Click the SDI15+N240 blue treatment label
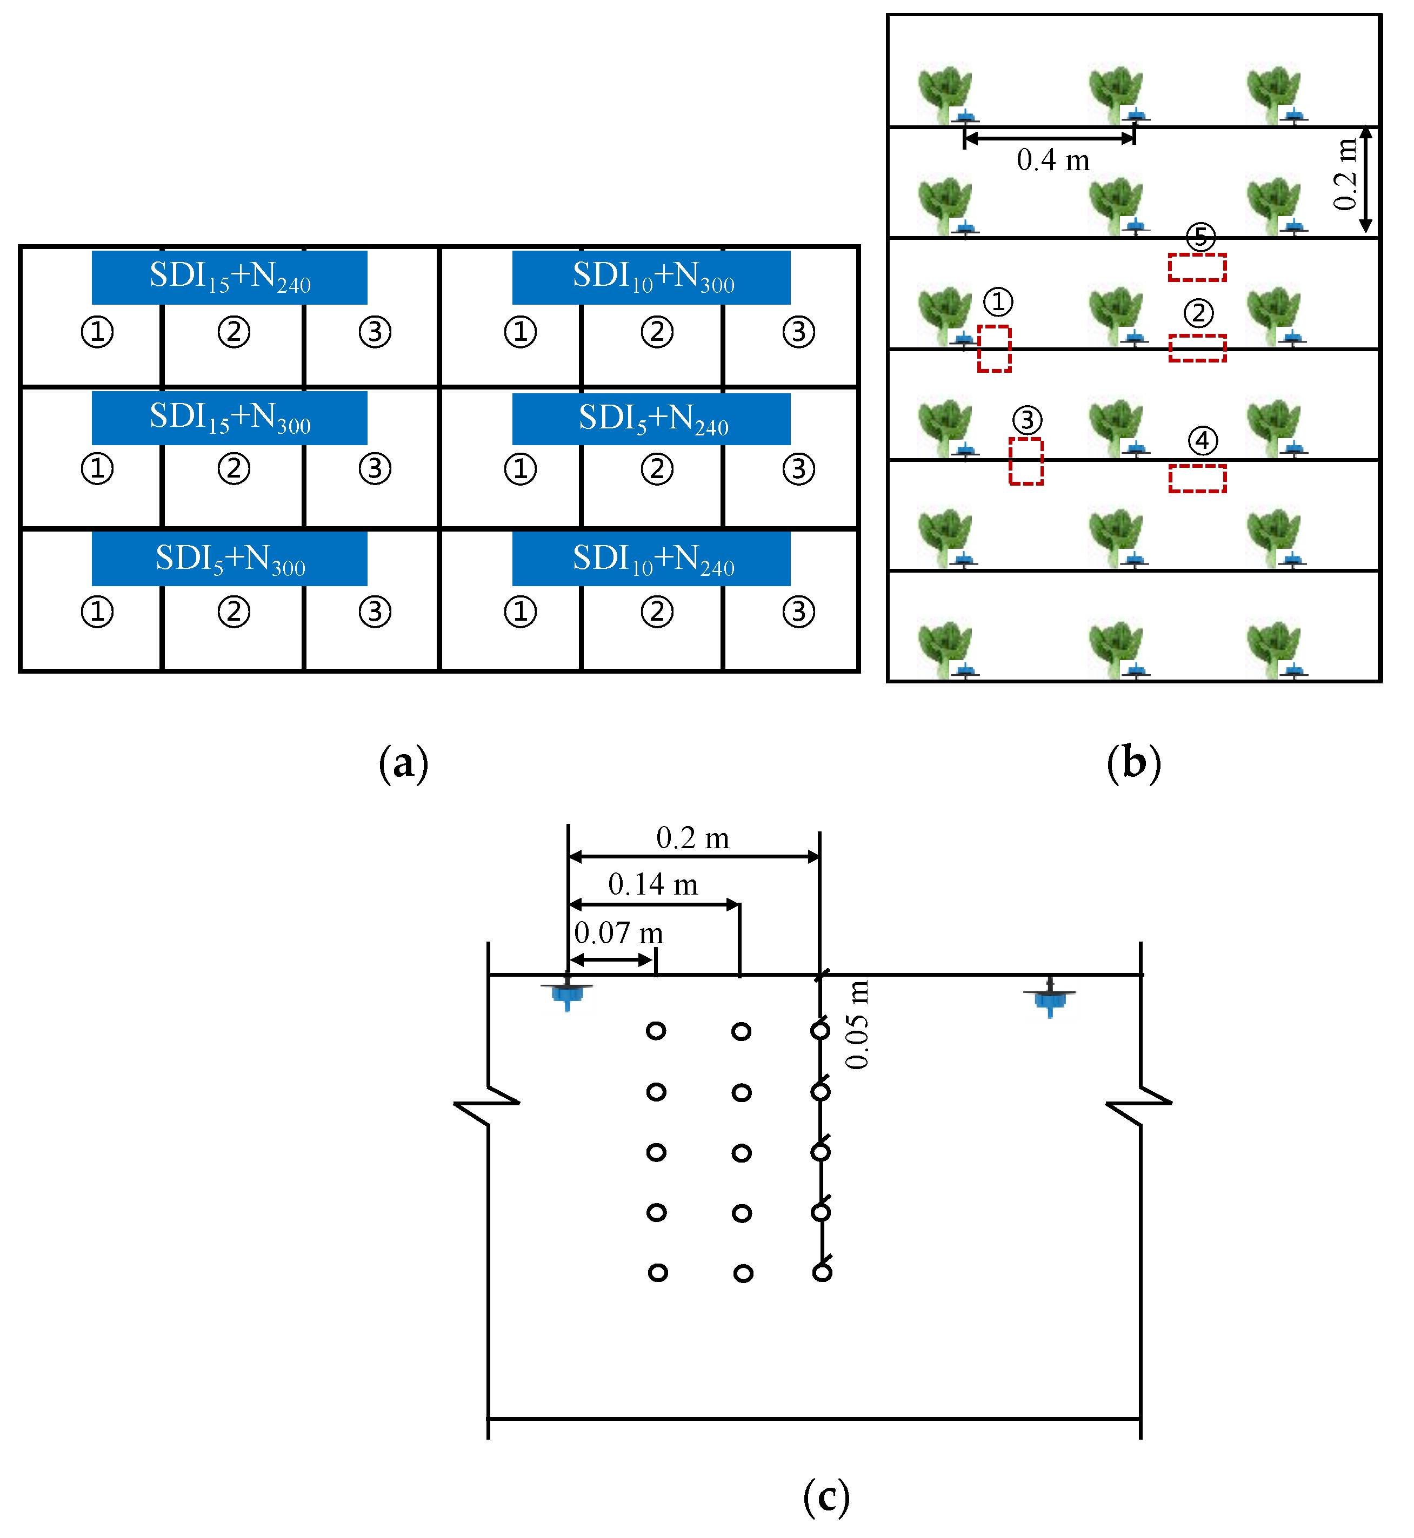pos(230,277)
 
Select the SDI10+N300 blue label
pos(652,277)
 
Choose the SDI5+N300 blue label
pos(230,559)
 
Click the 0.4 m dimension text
pos(1053,160)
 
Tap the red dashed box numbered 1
pos(994,349)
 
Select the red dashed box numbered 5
pos(1197,267)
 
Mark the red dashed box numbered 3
pos(1025,461)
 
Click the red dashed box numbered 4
pos(1197,479)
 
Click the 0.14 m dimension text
pos(652,885)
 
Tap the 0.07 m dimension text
pos(618,933)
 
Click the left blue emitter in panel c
pos(567,993)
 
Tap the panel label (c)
pos(826,1497)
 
